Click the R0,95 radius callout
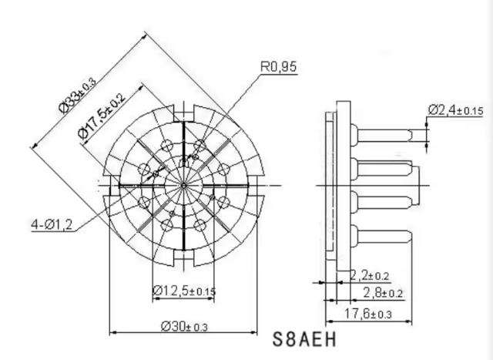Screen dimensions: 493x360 click(279, 66)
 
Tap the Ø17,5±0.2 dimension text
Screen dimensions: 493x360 click(102, 116)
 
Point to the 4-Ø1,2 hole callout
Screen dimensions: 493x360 click(52, 224)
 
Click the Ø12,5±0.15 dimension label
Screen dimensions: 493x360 click(184, 291)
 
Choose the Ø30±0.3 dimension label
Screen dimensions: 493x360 click(184, 326)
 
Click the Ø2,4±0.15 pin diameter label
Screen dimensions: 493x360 click(455, 110)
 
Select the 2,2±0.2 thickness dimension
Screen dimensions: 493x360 click(370, 275)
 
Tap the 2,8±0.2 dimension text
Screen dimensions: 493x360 click(383, 293)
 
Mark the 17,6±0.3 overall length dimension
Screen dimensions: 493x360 click(368, 314)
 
